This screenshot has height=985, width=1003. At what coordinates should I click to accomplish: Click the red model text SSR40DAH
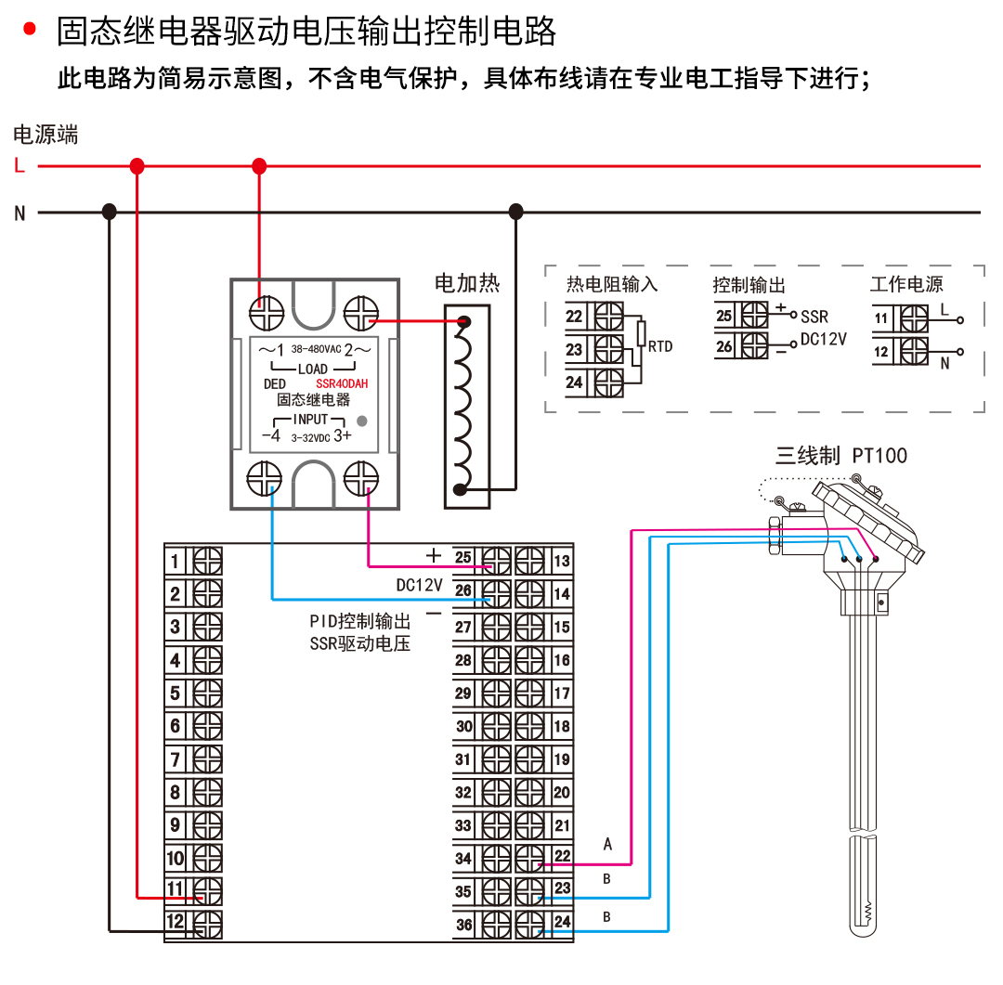pyautogui.click(x=342, y=383)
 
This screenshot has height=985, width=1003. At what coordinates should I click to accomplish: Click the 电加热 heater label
pyautogui.click(x=467, y=283)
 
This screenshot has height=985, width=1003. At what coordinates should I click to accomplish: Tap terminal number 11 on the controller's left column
pyautogui.click(x=176, y=889)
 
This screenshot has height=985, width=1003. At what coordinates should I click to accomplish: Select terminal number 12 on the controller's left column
pyautogui.click(x=176, y=923)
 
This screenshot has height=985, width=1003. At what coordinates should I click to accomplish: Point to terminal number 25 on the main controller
pyautogui.click(x=463, y=559)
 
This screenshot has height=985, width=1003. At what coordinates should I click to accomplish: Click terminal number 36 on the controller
pyautogui.click(x=463, y=925)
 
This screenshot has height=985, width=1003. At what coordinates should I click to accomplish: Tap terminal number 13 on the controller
pyautogui.click(x=562, y=561)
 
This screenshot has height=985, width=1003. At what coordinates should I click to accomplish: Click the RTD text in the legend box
pyautogui.click(x=660, y=346)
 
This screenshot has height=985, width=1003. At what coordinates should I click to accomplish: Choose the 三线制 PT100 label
pyautogui.click(x=840, y=456)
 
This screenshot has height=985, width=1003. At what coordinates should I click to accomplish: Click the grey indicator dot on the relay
pyautogui.click(x=362, y=421)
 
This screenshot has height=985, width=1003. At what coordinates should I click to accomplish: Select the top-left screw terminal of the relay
pyautogui.click(x=267, y=313)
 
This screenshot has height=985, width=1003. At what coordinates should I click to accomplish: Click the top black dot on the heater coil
pyautogui.click(x=462, y=321)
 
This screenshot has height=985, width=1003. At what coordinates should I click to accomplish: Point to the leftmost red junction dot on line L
pyautogui.click(x=137, y=166)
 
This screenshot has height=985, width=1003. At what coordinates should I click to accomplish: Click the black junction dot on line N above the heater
pyautogui.click(x=515, y=213)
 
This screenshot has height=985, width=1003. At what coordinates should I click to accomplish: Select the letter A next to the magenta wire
pyautogui.click(x=607, y=844)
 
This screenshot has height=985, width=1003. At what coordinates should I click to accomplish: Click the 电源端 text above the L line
pyautogui.click(x=46, y=136)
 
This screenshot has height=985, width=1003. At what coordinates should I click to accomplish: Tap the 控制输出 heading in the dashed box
pyautogui.click(x=749, y=285)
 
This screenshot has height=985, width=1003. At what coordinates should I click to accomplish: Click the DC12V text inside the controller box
pyautogui.click(x=419, y=586)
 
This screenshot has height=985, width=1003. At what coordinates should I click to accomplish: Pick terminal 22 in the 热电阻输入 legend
pyautogui.click(x=574, y=317)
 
